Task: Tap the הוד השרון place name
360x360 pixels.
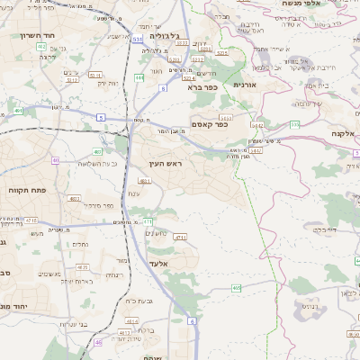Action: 37,36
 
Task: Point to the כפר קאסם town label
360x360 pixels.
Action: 209,124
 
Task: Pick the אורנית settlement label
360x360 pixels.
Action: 245,84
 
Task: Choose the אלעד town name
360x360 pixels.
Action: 170,263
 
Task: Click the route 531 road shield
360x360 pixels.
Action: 136,40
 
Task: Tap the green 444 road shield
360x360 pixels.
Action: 139,78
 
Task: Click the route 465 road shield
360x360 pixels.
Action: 236,287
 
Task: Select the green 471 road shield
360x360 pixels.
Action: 148,220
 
